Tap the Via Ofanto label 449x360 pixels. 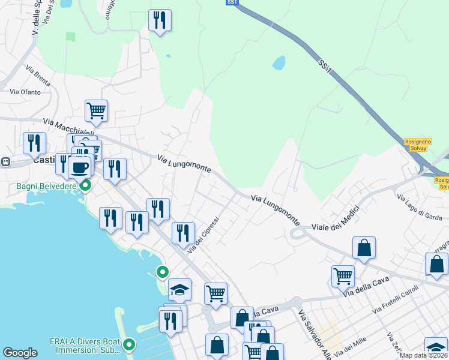click(x=25, y=92)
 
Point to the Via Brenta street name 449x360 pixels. click(x=38, y=77)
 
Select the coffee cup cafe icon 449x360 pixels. click(x=79, y=167)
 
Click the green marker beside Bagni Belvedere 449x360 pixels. click(x=85, y=185)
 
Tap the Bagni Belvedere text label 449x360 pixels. click(x=41, y=186)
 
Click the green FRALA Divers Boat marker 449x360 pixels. click(x=129, y=345)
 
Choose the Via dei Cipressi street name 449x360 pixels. click(x=204, y=234)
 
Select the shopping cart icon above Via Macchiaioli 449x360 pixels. click(x=96, y=110)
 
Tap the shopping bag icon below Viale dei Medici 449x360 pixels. click(x=364, y=247)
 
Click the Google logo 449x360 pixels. click(x=20, y=353)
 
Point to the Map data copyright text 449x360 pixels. click(x=423, y=355)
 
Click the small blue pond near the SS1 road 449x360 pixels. click(x=279, y=62)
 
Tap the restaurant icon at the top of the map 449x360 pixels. click(x=160, y=20)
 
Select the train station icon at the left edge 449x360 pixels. click(x=5, y=161)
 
